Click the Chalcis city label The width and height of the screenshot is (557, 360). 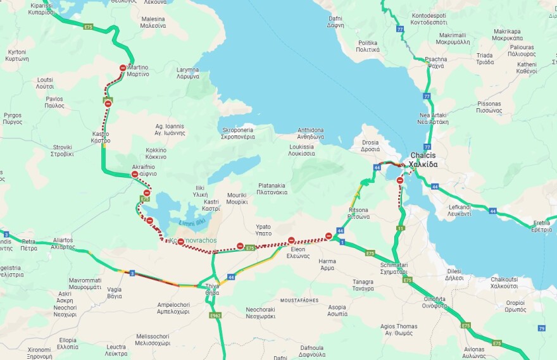(423, 159)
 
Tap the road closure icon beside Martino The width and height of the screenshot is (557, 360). (123, 68)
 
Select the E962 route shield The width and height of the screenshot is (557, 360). (215, 315)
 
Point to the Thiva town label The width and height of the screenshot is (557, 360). (212, 289)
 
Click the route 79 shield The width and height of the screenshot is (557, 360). (541, 328)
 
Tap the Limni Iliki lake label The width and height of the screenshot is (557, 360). (192, 221)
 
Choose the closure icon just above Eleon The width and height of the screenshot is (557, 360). (291, 240)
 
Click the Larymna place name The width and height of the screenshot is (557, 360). (188, 73)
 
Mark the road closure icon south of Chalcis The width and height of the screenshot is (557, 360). (400, 180)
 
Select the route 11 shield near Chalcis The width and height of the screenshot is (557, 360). (401, 228)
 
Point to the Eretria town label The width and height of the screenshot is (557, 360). (541, 226)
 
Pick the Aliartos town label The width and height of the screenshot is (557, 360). (63, 244)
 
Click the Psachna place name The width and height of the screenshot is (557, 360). (435, 62)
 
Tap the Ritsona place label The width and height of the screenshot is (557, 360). (358, 213)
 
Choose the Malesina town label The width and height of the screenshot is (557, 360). (153, 23)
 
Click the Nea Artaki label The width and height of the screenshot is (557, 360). (433, 118)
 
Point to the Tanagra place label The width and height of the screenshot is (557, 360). (363, 285)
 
